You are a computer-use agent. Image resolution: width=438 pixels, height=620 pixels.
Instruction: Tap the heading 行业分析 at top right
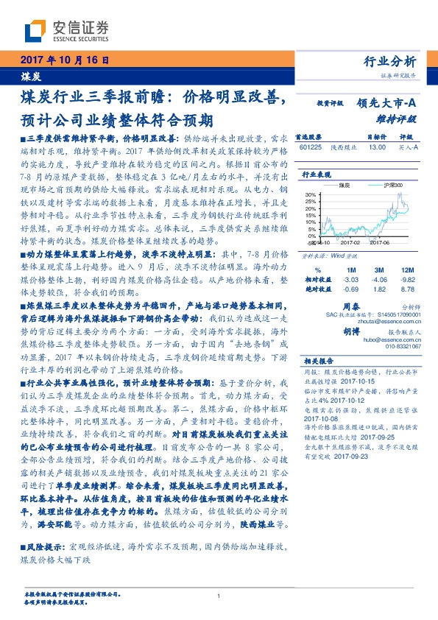390,61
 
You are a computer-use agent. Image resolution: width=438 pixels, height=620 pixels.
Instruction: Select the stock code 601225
311,147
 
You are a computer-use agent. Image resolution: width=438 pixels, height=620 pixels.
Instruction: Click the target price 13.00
377,147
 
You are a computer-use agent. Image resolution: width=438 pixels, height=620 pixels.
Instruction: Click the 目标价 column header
377,137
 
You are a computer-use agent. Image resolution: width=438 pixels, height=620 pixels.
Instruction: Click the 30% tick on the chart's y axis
311,195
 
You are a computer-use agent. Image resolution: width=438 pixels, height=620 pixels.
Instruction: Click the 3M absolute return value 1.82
381,289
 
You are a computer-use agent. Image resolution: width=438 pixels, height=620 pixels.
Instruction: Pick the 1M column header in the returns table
350,270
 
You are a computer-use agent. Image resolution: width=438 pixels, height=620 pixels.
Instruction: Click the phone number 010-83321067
403,346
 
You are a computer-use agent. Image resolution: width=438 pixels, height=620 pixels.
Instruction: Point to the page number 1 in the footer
219,596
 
